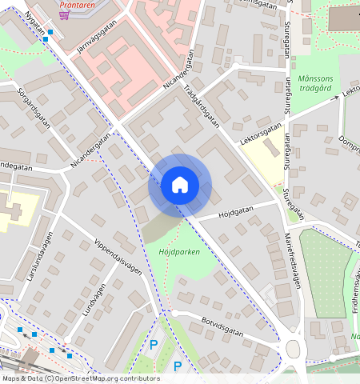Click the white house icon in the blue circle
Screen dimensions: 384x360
pos(180,185)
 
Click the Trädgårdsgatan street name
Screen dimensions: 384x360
pos(202,106)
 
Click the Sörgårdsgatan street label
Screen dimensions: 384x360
pos(31,103)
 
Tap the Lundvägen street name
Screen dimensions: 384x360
pos(94,300)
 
